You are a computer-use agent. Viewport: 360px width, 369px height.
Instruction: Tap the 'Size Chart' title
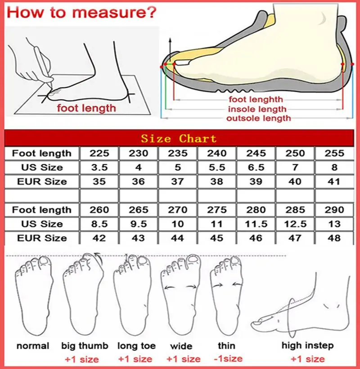[179, 138]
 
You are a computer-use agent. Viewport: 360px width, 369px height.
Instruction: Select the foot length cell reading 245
[256, 153]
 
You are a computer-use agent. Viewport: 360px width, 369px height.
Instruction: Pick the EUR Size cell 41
[334, 182]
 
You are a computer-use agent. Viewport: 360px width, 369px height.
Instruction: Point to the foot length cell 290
[334, 210]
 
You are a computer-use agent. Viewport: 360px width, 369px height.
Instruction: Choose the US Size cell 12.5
[295, 224]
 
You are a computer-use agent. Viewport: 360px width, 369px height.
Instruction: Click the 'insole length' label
[257, 109]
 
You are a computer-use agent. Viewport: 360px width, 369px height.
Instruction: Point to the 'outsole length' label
[258, 118]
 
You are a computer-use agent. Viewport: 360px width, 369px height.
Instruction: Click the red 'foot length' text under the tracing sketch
[86, 108]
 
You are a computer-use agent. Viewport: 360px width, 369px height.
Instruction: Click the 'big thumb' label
[85, 346]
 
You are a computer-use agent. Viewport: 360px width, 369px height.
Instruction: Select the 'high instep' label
[308, 346]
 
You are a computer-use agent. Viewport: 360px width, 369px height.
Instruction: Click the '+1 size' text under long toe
[135, 359]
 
